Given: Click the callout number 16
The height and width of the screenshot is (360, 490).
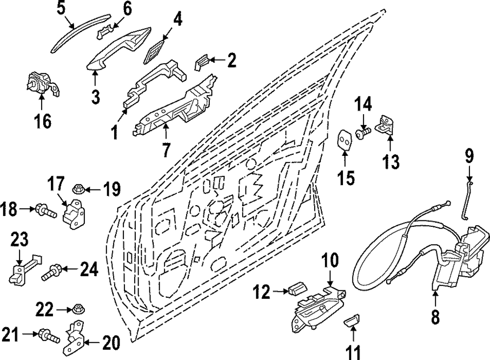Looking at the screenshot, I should coord(43,121).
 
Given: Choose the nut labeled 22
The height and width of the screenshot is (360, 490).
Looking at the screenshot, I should coord(76,309).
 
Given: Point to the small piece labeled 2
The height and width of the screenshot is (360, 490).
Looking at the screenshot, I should coord(202,62).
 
